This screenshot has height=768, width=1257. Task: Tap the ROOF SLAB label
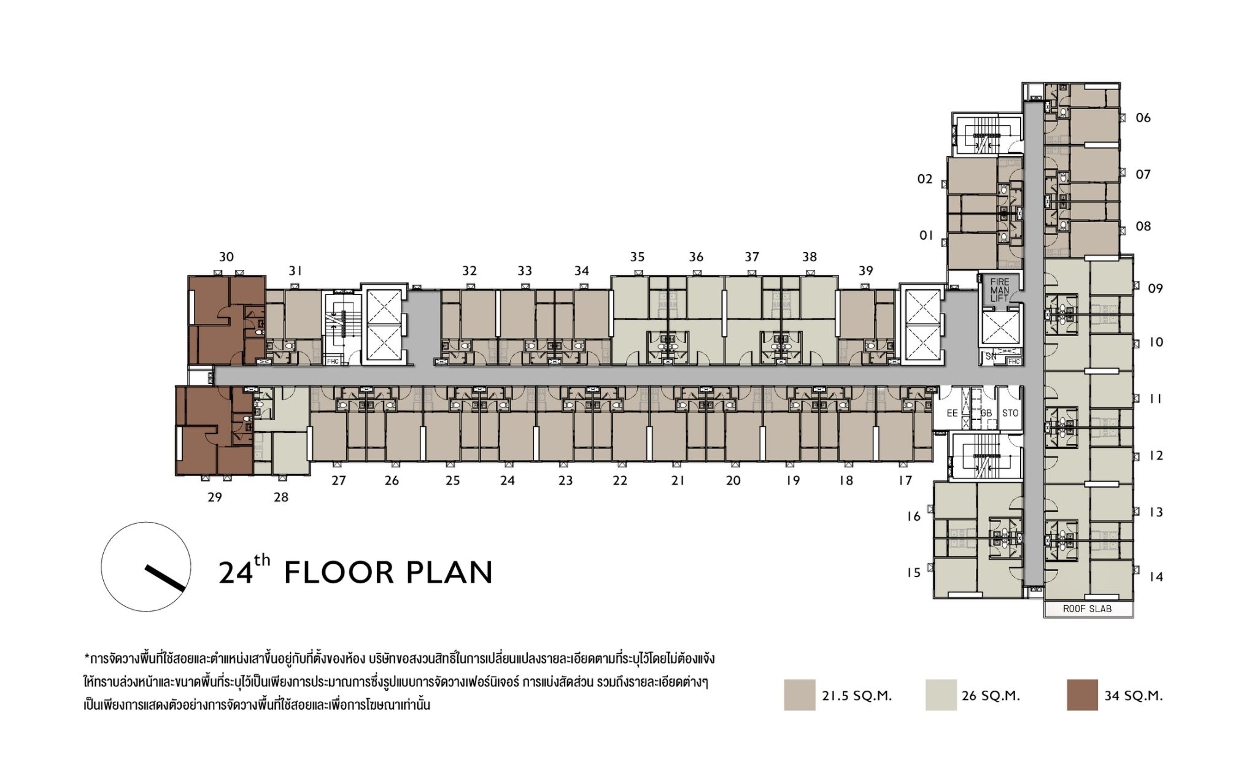pyautogui.click(x=1088, y=609)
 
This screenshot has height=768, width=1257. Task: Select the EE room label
pyautogui.click(x=952, y=413)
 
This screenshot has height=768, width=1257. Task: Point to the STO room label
pyautogui.click(x=1010, y=413)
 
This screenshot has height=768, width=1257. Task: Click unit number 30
pyautogui.click(x=226, y=257)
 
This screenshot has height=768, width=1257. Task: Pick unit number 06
pyautogui.click(x=1143, y=118)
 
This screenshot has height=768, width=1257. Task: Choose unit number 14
pyautogui.click(x=1156, y=577)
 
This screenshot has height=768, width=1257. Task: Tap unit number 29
pyautogui.click(x=214, y=497)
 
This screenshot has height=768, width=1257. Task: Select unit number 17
pyautogui.click(x=905, y=481)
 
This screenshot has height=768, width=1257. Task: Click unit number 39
pyautogui.click(x=865, y=271)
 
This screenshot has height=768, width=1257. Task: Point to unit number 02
pyautogui.click(x=925, y=179)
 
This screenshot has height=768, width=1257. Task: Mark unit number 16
pyautogui.click(x=914, y=516)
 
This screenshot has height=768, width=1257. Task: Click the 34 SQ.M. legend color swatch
pyautogui.click(x=1082, y=695)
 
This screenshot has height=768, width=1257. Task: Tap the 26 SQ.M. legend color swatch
pyautogui.click(x=941, y=695)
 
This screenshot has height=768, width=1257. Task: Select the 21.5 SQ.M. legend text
pyautogui.click(x=857, y=696)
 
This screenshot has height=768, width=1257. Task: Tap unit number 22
pyautogui.click(x=620, y=481)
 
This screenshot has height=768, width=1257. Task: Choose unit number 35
pyautogui.click(x=637, y=257)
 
